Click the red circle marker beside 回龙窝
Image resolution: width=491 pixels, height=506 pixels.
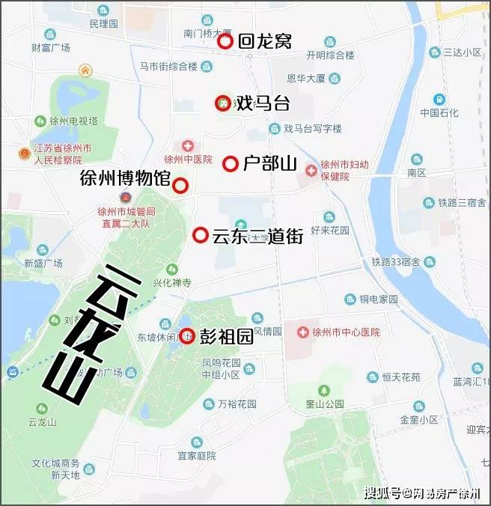[x=225, y=42]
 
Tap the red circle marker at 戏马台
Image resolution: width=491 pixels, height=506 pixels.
[x=222, y=104]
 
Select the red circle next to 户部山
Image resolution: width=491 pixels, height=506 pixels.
[x=231, y=164]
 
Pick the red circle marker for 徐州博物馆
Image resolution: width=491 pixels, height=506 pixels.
[x=180, y=186]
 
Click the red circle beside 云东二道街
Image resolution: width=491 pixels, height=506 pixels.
[x=200, y=236]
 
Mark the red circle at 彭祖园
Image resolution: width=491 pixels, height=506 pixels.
[x=186, y=335]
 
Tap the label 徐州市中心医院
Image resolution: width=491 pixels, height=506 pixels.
[x=349, y=332]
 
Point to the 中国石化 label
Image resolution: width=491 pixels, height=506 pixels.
[x=439, y=113]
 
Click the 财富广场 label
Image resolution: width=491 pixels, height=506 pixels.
[x=51, y=47]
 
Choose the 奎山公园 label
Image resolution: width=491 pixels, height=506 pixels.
[x=323, y=403]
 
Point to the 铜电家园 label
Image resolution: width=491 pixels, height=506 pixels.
[x=378, y=299]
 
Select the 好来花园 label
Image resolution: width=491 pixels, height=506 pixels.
[x=329, y=231]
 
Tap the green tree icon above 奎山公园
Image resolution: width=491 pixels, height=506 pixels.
[x=323, y=390]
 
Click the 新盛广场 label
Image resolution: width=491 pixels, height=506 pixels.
[x=43, y=263]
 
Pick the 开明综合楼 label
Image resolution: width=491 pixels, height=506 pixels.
[x=330, y=55]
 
